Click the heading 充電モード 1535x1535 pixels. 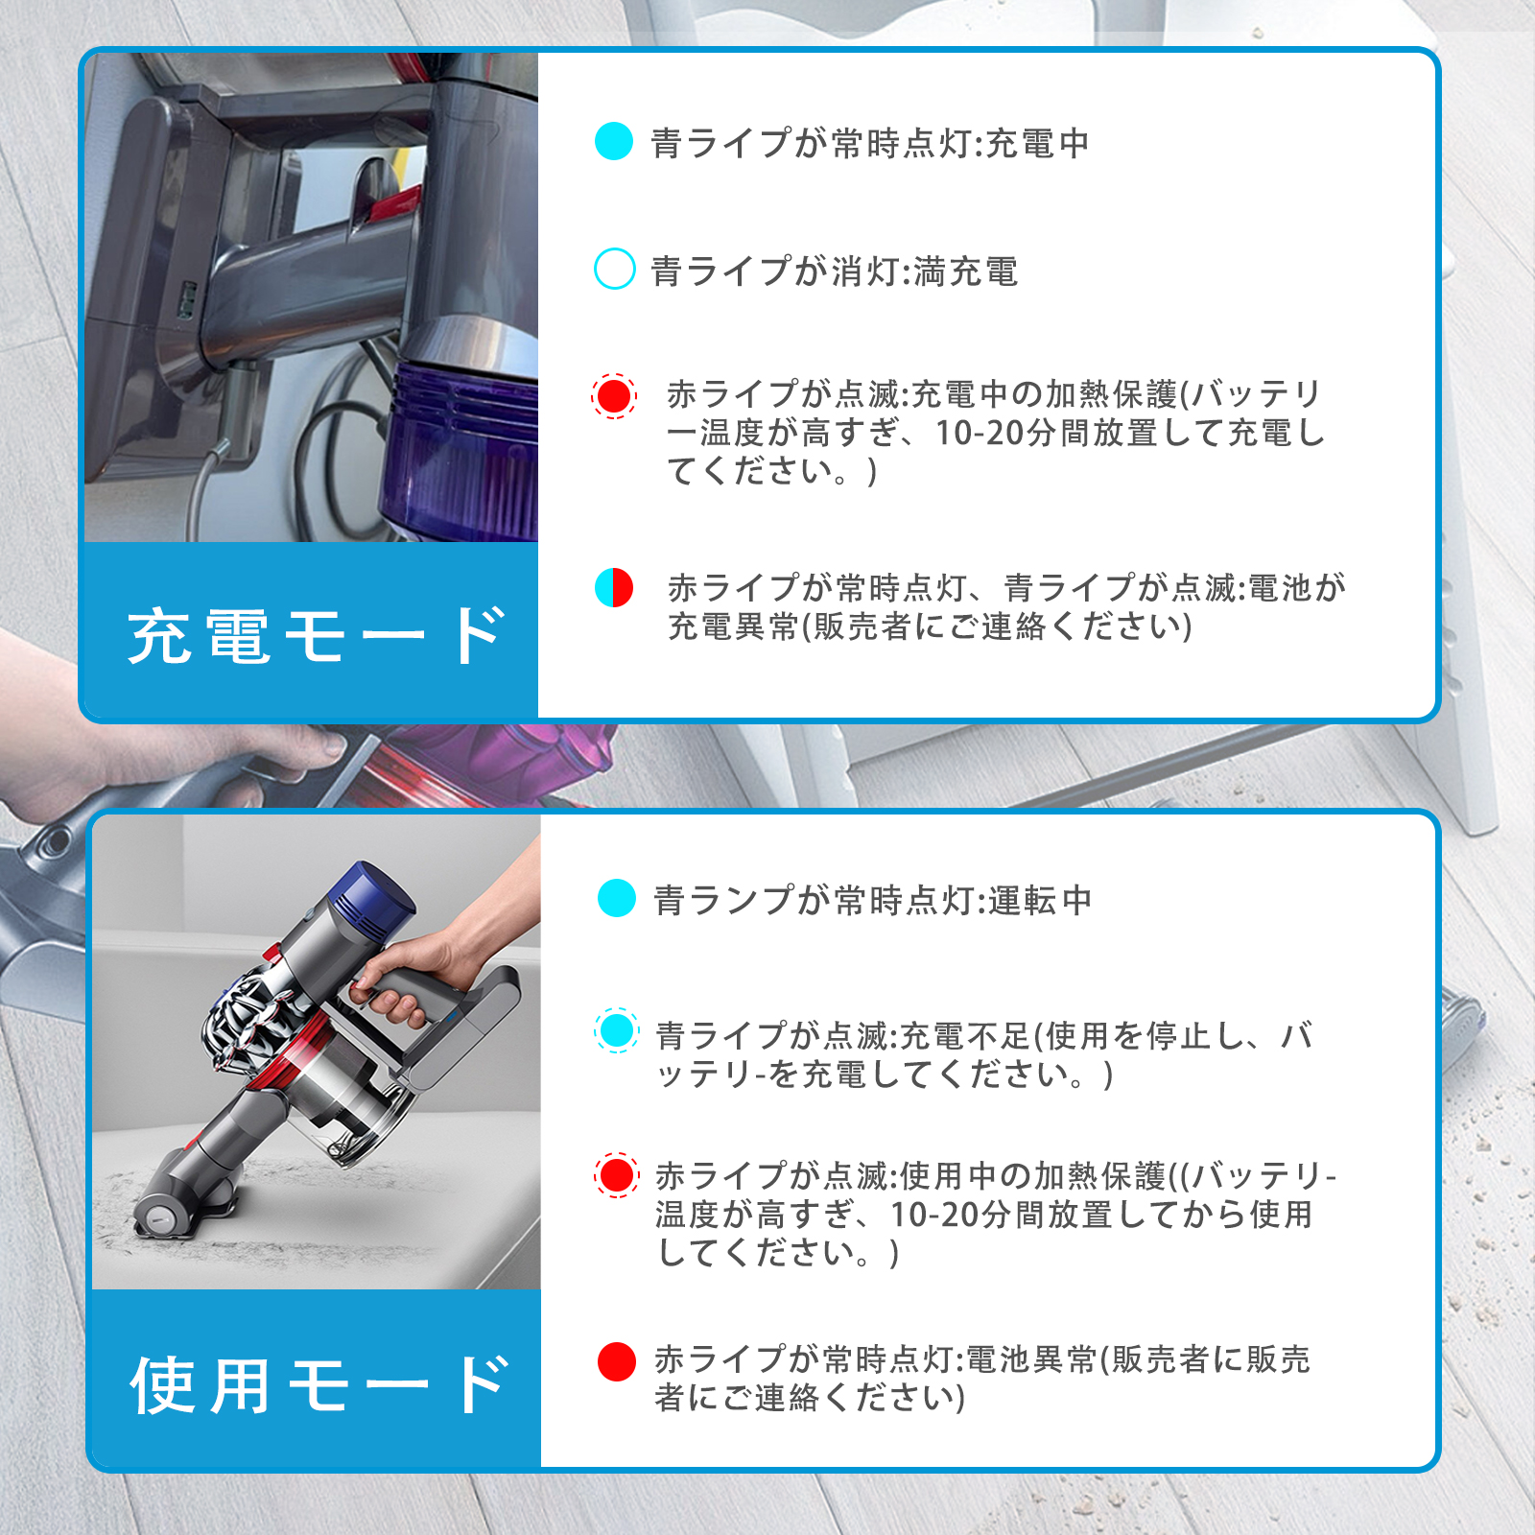(x=317, y=635)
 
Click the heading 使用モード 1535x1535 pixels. (x=319, y=1384)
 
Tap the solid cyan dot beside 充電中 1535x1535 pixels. (x=614, y=142)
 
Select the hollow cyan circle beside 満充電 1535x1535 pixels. (x=614, y=269)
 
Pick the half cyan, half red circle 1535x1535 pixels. (x=614, y=587)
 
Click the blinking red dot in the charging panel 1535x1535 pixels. (x=614, y=395)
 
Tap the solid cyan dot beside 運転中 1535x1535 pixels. (x=617, y=898)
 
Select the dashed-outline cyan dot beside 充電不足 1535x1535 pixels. (x=617, y=1031)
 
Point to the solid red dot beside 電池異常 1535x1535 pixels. (x=617, y=1361)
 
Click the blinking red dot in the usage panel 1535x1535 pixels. (x=617, y=1175)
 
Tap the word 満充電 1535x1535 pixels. (x=965, y=272)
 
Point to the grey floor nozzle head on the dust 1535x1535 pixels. (x=182, y=1209)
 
